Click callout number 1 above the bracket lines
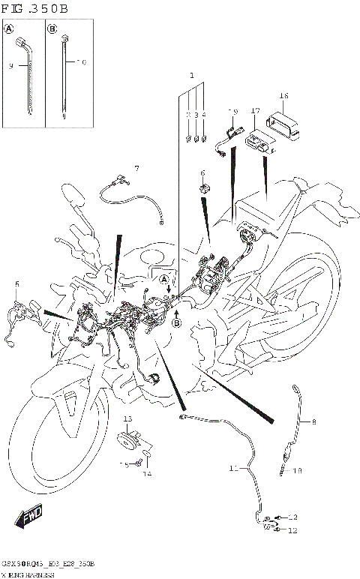[x=191, y=76]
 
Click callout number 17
[x=255, y=111]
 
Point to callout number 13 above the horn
[x=127, y=418]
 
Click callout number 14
[x=147, y=474]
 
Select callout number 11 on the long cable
[x=233, y=469]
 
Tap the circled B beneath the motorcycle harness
[x=177, y=323]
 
